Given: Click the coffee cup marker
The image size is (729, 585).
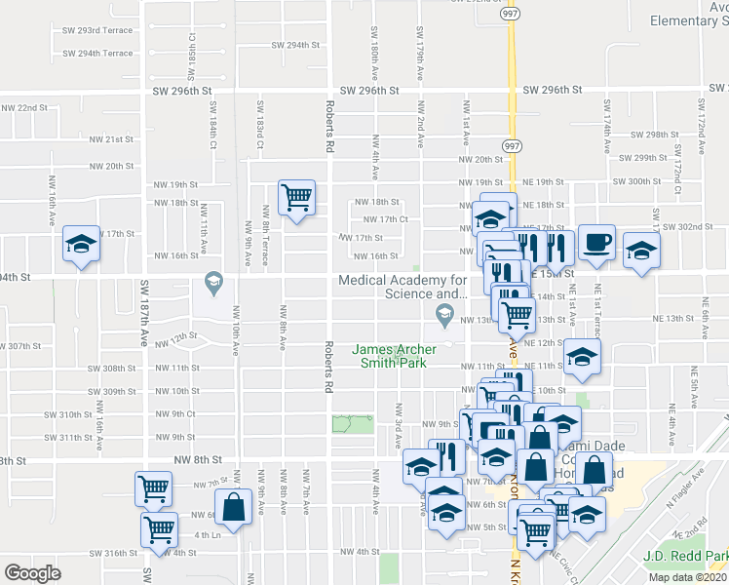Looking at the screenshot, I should point(595,244).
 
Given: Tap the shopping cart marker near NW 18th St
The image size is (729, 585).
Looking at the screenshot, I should point(296,198).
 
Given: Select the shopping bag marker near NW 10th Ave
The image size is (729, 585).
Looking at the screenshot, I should point(234,505).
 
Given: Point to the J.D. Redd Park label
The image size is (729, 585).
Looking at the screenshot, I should point(685,556).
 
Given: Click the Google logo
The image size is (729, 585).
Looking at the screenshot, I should point(32,573).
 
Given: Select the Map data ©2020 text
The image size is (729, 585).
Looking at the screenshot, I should point(687,577).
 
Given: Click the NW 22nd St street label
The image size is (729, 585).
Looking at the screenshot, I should point(24,107).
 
